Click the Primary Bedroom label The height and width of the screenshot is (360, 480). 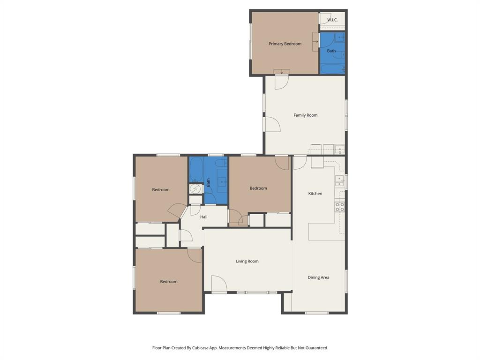coord(285,44)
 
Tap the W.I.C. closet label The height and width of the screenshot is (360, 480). coord(332,20)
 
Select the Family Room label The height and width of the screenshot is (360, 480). coord(306,115)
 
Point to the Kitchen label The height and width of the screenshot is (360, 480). coord(315,194)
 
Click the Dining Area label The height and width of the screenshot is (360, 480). coord(318,277)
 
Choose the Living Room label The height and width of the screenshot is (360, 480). coord(247,262)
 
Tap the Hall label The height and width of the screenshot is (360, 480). coord(204,217)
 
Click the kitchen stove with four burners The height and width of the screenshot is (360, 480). coord(340,207)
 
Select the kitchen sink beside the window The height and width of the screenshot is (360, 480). coord(339,181)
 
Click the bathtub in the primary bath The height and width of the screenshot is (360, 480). coord(332,68)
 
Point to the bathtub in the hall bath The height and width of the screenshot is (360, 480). coord(196,169)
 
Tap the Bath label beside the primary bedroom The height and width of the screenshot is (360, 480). coord(331,51)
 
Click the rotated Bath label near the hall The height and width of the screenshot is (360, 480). coord(209,182)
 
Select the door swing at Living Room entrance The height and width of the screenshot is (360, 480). coord(218,284)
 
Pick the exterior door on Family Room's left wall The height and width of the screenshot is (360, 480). coord(272,124)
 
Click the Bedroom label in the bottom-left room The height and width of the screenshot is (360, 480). coord(169,282)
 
